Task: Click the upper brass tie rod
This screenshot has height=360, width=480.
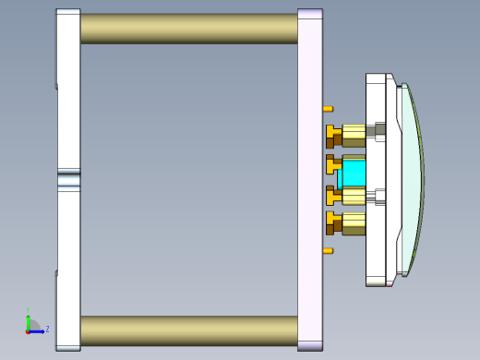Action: (189, 28)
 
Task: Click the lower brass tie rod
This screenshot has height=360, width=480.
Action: (189, 330)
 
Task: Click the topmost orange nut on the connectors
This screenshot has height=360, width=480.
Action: (332, 136)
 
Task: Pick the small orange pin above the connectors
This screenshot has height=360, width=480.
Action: (328, 109)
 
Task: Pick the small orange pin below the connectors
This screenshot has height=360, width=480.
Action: (328, 250)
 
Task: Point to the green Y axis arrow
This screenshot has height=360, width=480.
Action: (29, 318)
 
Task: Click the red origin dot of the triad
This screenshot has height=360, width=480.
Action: (29, 330)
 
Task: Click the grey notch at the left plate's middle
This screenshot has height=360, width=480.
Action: (69, 179)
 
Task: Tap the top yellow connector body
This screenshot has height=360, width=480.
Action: (354, 135)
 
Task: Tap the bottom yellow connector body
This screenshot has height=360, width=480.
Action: (354, 222)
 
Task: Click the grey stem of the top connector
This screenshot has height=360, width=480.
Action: (372, 131)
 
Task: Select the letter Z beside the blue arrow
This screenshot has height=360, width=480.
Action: (47, 329)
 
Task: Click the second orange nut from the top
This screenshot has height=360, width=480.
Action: (332, 165)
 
